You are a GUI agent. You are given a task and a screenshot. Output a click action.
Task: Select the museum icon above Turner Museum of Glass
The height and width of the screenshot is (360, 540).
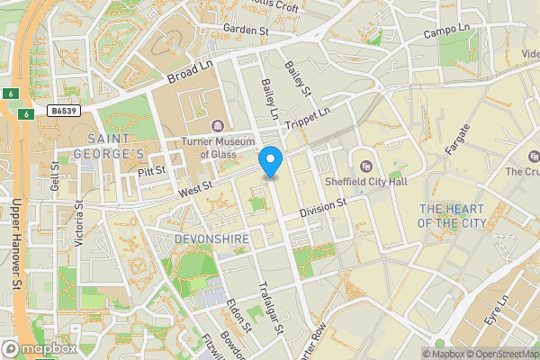(x=217, y=125)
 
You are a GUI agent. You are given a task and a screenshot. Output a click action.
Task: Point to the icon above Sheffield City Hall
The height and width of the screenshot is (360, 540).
(x=366, y=166)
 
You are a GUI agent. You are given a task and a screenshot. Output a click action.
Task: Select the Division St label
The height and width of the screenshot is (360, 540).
(x=323, y=206)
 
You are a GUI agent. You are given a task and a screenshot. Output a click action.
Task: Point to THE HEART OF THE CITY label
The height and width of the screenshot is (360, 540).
(x=453, y=215)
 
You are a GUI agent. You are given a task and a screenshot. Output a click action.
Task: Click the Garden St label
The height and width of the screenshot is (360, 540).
(x=246, y=30)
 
